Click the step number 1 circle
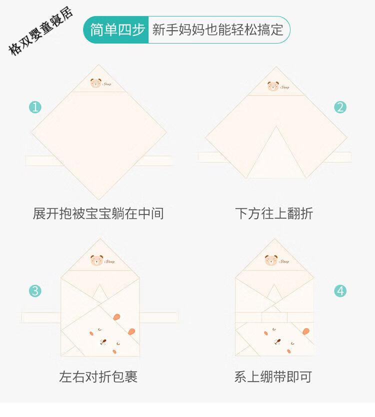(x=35, y=107)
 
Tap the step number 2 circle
(x=340, y=107)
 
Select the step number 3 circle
(x=35, y=291)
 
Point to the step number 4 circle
(x=340, y=291)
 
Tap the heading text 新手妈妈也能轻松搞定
(x=217, y=29)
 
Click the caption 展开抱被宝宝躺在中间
(x=98, y=213)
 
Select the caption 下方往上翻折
(x=274, y=213)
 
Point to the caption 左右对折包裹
(x=98, y=376)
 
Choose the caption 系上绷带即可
(x=273, y=376)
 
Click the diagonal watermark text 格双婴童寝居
(x=40, y=31)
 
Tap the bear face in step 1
(x=95, y=83)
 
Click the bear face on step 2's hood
(x=273, y=86)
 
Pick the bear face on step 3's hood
(x=96, y=260)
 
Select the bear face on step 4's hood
(x=271, y=260)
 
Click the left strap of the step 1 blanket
(x=44, y=160)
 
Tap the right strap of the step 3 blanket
(x=158, y=317)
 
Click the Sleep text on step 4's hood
(x=284, y=261)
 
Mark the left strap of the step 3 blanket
(x=41, y=317)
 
